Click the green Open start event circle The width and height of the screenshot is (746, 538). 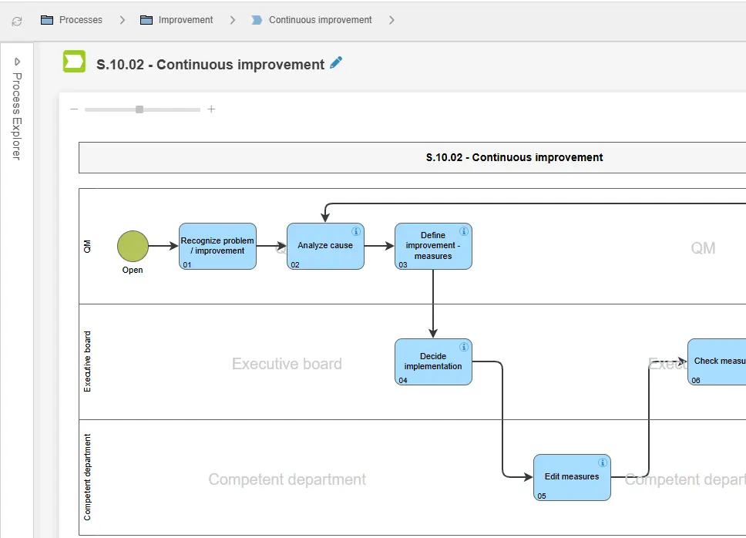[x=133, y=246]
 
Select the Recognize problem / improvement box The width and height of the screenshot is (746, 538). [x=217, y=246]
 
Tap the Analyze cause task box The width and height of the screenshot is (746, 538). [x=325, y=246]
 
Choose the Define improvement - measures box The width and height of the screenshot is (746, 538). [x=433, y=246]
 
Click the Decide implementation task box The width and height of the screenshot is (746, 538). [x=433, y=361]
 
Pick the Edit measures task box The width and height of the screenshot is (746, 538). [x=572, y=477]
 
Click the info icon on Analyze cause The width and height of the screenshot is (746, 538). [x=356, y=231]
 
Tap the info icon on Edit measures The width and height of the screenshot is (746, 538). [x=603, y=462]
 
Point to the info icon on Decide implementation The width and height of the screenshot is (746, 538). [x=464, y=347]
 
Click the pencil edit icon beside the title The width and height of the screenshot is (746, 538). [x=335, y=63]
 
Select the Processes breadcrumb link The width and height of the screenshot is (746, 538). [x=80, y=20]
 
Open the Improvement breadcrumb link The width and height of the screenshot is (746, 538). [x=185, y=20]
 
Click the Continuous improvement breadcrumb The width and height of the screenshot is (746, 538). [x=320, y=20]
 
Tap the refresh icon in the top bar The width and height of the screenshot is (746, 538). [x=17, y=21]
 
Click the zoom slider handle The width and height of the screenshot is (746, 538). [x=139, y=109]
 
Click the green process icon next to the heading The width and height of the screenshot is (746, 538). [x=74, y=62]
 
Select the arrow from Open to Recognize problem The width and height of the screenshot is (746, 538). [x=163, y=246]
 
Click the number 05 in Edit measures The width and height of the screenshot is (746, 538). [x=542, y=496]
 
